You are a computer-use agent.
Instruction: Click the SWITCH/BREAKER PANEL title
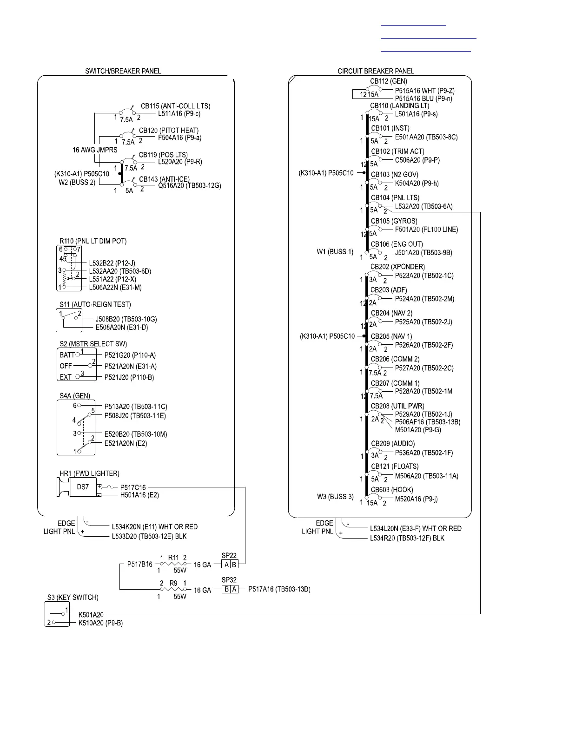pos(123,71)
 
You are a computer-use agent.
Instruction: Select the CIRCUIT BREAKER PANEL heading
pos(376,71)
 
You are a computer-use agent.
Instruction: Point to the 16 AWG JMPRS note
pos(95,150)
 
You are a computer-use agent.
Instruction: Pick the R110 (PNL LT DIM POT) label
pos(93,241)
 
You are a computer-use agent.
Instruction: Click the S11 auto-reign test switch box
pos(69,320)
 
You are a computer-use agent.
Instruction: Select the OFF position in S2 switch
pos(66,366)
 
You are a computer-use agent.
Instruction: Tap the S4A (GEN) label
pos(75,396)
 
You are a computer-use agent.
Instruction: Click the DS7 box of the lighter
pos(83,487)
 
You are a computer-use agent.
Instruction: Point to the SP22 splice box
pos(229,565)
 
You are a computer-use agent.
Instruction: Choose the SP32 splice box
pos(230,589)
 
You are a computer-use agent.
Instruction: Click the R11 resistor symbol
pos(173,564)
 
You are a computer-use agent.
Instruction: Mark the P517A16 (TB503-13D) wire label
pos(279,589)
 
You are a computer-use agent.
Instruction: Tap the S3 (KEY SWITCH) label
pos(73,597)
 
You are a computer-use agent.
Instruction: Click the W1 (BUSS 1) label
pos(335,252)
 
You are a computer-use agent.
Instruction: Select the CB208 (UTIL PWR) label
pos(397,406)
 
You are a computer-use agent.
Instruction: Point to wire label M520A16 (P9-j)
pos(416,499)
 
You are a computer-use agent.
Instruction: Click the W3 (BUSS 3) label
pos(335,497)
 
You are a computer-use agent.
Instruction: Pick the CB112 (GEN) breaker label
pos(389,81)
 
